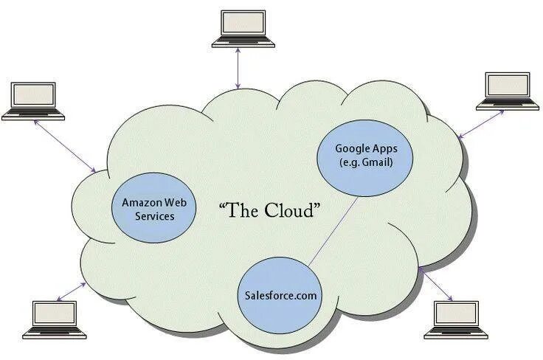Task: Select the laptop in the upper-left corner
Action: coord(33,100)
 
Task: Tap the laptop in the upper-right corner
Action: coord(507,90)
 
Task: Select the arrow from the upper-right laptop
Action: coord(480,123)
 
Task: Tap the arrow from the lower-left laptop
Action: coord(71,290)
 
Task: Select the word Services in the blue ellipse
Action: coord(154,216)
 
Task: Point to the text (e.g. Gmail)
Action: coord(364,162)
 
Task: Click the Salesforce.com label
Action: coord(280,295)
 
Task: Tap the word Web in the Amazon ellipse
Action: coord(174,202)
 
